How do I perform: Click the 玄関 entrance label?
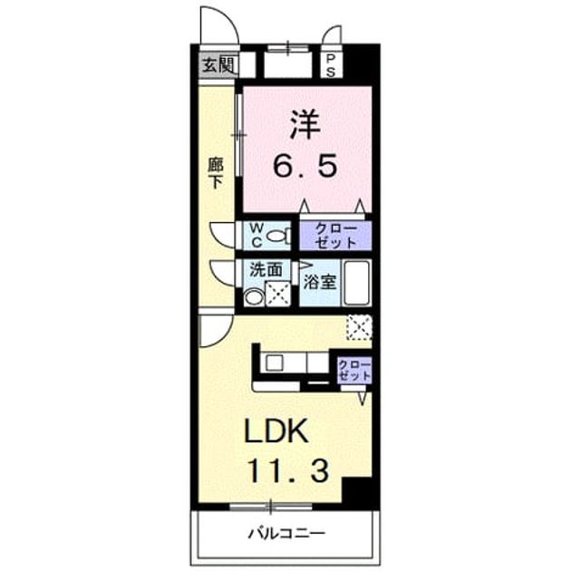tap(218, 65)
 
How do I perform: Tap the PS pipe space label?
tap(331, 65)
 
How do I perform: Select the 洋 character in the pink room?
tap(305, 125)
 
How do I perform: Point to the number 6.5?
tap(305, 166)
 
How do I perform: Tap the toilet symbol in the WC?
tap(279, 236)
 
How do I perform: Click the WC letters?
tap(257, 236)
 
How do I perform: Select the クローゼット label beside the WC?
tap(335, 236)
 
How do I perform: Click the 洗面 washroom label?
tap(266, 269)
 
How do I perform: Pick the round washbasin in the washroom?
tap(254, 296)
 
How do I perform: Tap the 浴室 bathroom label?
tap(320, 282)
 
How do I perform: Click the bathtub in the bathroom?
tap(357, 283)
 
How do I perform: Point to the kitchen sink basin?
tap(275, 363)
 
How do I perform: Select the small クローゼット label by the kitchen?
tap(354, 370)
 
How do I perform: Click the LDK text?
tap(276, 431)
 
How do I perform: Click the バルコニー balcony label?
tap(286, 534)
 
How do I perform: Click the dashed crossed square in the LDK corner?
tap(359, 327)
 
